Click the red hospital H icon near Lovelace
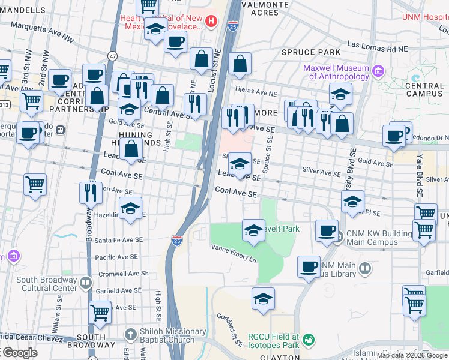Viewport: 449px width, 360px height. click(x=211, y=23)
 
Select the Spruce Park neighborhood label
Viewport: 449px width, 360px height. click(x=311, y=53)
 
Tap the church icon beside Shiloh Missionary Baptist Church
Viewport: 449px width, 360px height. click(x=130, y=334)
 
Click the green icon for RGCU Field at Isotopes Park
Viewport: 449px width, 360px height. click(x=309, y=340)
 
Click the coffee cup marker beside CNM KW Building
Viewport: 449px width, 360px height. click(x=327, y=232)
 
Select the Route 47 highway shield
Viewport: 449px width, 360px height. click(x=112, y=56)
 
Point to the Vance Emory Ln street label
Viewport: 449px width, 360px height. click(x=233, y=254)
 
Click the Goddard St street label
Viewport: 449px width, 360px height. click(x=231, y=327)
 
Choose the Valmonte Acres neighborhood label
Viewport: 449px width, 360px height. click(x=261, y=8)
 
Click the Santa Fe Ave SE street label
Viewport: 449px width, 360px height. click(x=119, y=239)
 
